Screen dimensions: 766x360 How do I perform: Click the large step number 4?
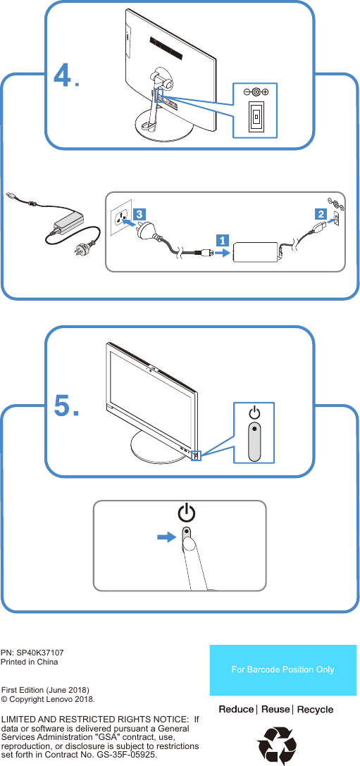coord(63,75)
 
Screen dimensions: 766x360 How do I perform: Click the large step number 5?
coord(63,406)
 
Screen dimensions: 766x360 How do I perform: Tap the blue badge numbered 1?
coord(221,241)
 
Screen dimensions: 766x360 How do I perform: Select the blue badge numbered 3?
coord(140,213)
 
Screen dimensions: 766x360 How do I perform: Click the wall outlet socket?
coord(120,219)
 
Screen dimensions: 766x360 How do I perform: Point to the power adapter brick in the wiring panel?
coord(256,251)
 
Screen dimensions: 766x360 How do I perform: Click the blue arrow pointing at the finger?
coord(166,536)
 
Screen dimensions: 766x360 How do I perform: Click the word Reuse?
coord(275,709)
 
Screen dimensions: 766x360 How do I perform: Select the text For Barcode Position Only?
coord(283,670)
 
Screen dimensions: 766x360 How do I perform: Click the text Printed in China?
coord(30,663)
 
